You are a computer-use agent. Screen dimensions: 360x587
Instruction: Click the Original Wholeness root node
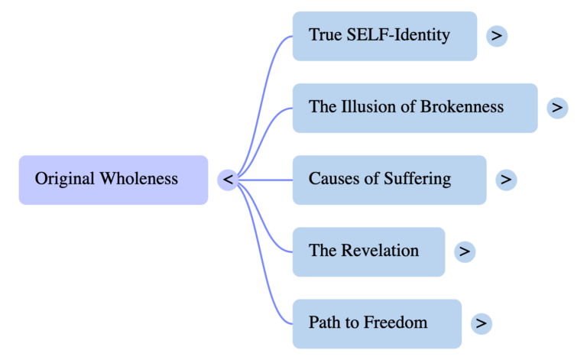coord(113,180)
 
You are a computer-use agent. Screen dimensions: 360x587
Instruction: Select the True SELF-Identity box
coord(384,36)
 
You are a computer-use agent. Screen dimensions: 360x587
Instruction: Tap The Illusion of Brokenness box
coord(414,108)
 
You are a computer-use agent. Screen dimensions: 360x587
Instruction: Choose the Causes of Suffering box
coord(389,180)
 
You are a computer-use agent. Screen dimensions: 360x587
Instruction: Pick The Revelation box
coord(368,251)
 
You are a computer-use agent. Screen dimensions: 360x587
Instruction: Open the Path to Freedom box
coord(377,323)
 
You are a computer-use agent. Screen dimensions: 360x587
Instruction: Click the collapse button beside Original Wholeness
coord(228,180)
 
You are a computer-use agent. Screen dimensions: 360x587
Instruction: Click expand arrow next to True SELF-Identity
coord(497,36)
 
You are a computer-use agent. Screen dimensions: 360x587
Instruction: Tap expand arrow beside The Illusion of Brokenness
coord(557,108)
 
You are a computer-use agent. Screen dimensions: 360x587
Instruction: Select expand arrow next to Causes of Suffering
coord(506,180)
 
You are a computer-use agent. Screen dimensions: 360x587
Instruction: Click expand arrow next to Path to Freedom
coord(481,323)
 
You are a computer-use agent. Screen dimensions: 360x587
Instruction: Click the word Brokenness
coord(462,107)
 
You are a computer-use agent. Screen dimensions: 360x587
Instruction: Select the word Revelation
coord(379,251)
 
